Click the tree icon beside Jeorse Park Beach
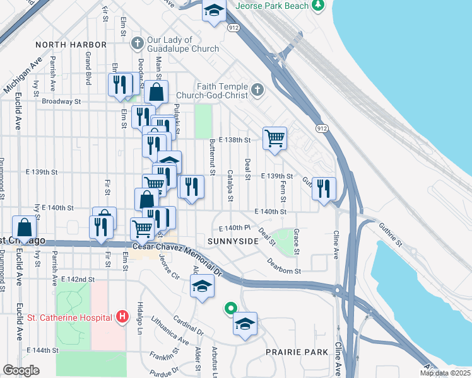coord(319,6)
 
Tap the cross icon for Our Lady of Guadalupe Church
coord(136,43)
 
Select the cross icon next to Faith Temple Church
coord(257,90)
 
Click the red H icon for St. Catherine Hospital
coord(122,317)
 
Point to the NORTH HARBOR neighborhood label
coord(71,45)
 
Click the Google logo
coord(21,370)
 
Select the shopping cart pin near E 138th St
coord(274,137)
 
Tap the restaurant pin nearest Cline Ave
coord(324,188)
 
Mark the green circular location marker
coord(231,309)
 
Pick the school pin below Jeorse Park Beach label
coord(214,11)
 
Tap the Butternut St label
coord(213,157)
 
